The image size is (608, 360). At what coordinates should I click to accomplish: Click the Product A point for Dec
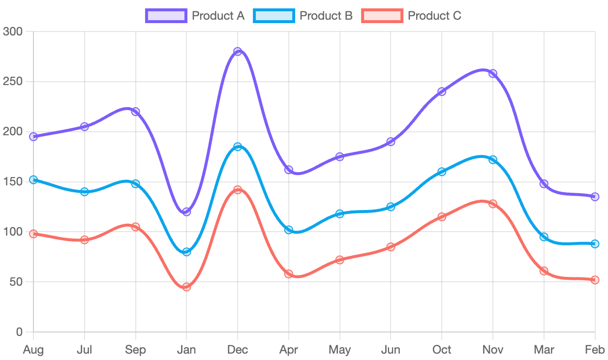coord(238,52)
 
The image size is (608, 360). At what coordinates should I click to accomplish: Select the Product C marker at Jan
coord(186,287)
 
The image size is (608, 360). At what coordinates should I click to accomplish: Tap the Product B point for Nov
coord(493,160)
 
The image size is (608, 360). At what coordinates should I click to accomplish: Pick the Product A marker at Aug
coord(33,137)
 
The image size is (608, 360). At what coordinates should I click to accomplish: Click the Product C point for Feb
coord(595,280)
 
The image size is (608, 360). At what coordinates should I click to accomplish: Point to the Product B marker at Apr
coord(289,230)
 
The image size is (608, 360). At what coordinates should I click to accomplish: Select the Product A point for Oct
coord(442,91)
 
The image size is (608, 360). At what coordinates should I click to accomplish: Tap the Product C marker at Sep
coord(135,227)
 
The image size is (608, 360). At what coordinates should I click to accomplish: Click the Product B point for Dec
coord(238,147)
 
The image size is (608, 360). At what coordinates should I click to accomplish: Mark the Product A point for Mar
coord(544,184)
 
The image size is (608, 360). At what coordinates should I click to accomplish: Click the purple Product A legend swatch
coord(166,16)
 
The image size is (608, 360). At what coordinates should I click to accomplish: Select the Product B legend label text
coord(326,16)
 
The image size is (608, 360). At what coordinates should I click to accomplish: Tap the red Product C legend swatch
coord(382,16)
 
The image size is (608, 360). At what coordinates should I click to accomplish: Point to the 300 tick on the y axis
coord(13,31)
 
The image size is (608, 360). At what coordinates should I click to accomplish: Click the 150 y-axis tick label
coord(13,182)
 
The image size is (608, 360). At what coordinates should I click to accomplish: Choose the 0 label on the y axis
coord(19,332)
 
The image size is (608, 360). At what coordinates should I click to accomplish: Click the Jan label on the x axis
coord(186,350)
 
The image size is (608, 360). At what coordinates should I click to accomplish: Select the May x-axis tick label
coord(340,350)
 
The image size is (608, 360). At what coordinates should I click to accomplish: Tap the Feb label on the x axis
coord(595,350)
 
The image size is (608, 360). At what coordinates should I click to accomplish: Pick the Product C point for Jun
coord(391,247)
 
